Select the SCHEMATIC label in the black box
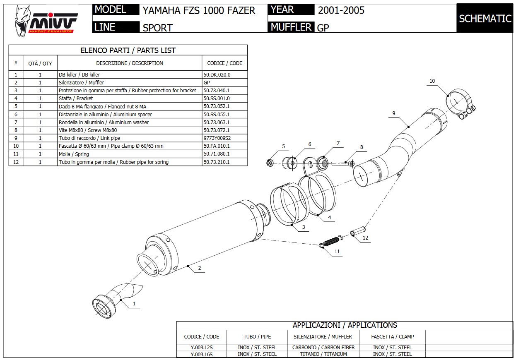click(x=485, y=19)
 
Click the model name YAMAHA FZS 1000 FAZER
click(x=199, y=10)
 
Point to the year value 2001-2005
click(x=341, y=10)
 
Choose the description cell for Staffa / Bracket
click(x=76, y=98)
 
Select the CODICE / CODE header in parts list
click(x=224, y=63)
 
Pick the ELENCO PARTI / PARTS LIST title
click(x=128, y=50)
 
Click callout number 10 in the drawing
click(x=432, y=81)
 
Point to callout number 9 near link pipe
click(x=393, y=113)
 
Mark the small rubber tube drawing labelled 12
click(x=358, y=231)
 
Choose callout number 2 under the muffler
click(x=199, y=268)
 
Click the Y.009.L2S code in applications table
click(x=202, y=347)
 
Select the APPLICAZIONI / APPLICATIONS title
click(x=345, y=325)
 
